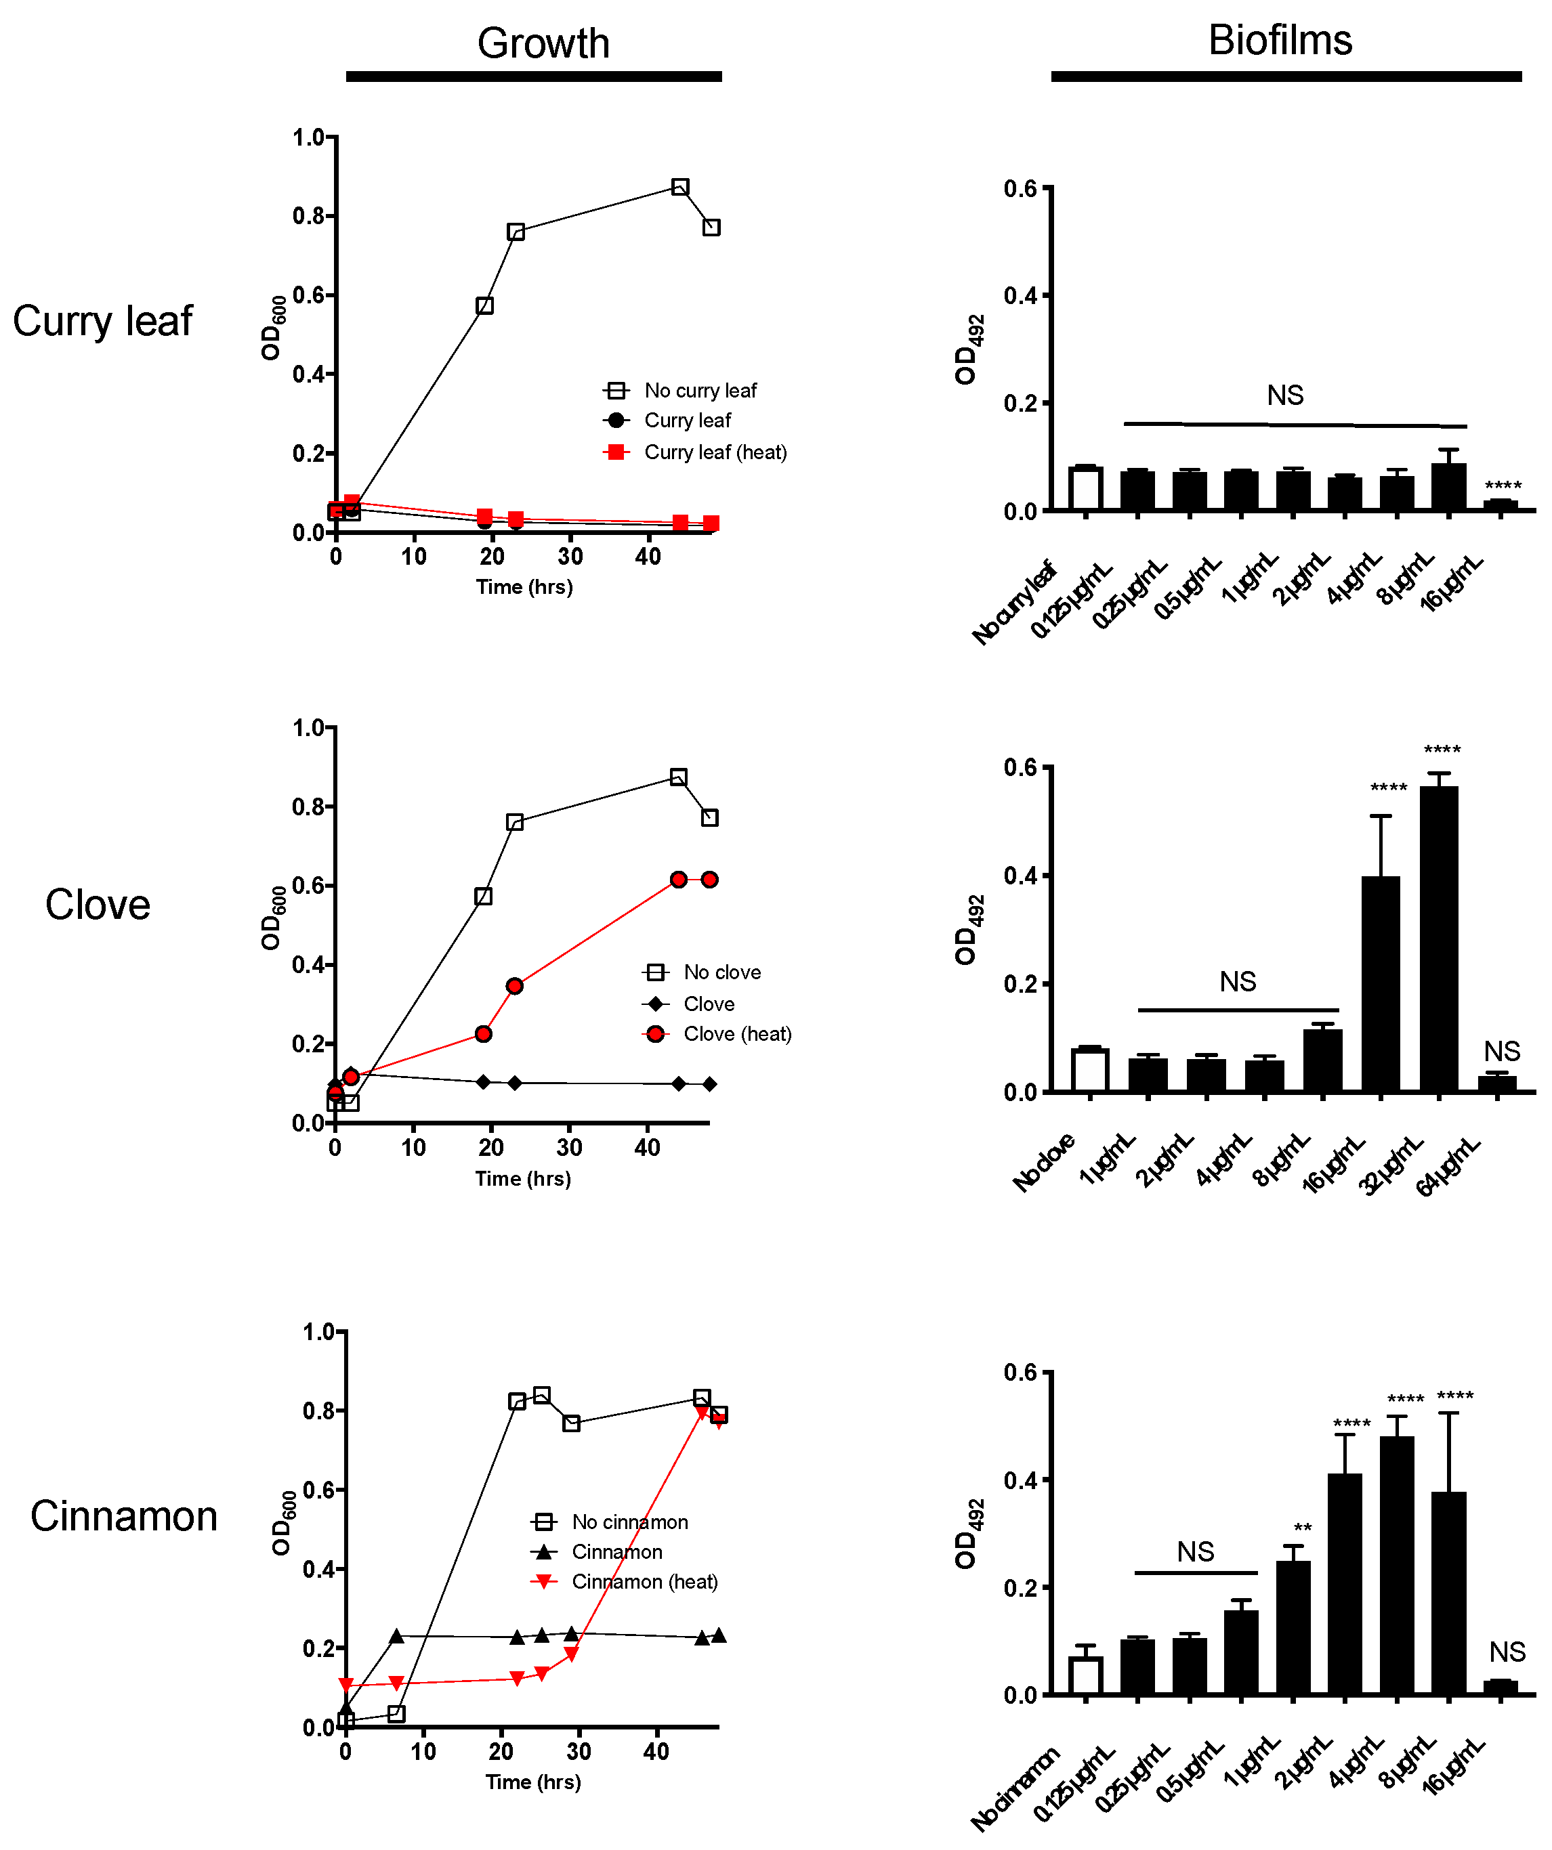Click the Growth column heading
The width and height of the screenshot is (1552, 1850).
543,43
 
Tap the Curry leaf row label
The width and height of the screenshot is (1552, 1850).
102,321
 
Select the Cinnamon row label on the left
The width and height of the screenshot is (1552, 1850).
123,1515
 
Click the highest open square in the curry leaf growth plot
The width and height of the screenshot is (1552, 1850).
679,187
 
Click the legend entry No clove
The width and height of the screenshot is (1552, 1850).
721,972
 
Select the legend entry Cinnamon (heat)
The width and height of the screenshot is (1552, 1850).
644,1581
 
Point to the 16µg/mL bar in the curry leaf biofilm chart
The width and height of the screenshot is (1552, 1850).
1500,504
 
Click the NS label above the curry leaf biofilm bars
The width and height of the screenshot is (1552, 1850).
1284,395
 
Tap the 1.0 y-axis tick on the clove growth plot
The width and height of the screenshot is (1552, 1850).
308,728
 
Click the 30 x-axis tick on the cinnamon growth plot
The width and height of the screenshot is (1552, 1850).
578,1751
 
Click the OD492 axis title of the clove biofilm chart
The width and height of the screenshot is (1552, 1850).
967,930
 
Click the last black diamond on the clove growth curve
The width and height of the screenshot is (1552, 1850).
709,1083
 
